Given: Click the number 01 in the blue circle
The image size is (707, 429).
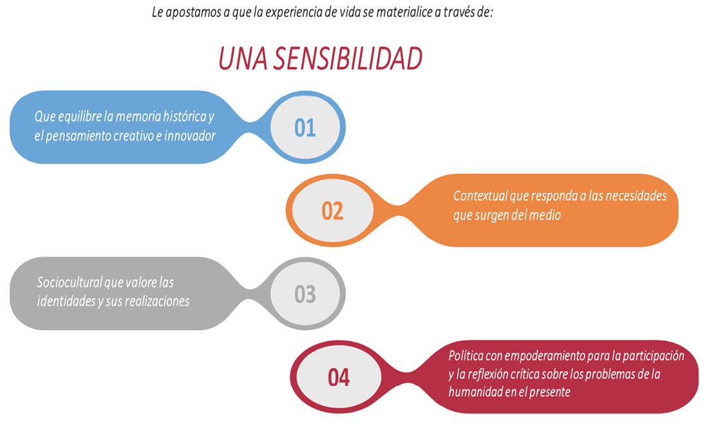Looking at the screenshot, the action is point(305,128).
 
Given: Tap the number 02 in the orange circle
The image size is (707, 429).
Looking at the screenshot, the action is point(332,211).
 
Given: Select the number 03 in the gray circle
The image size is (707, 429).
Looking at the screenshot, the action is point(305,294).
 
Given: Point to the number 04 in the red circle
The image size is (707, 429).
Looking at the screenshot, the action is point(339,378).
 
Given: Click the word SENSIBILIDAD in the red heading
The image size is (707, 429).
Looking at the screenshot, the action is point(348,59).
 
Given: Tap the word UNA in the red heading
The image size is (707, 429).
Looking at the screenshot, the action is point(243,59).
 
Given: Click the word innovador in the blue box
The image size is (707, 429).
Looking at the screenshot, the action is point(190,136).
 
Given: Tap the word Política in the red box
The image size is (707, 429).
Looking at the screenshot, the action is point(466,356).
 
